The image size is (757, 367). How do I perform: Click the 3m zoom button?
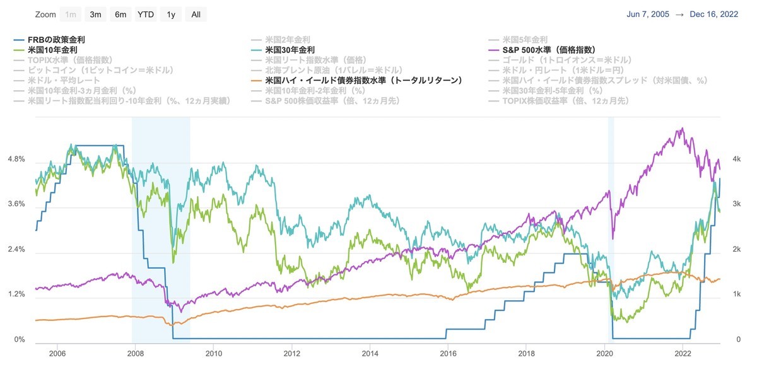pyautogui.click(x=96, y=14)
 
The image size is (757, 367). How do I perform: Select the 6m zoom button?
pyautogui.click(x=120, y=14)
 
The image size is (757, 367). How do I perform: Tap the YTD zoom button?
pyautogui.click(x=145, y=14)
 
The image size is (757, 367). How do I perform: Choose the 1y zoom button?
pyautogui.click(x=170, y=14)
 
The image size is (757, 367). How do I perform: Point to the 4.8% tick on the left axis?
pyautogui.click(x=15, y=160)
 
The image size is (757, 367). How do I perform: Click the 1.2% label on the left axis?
pyautogui.click(x=15, y=294)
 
